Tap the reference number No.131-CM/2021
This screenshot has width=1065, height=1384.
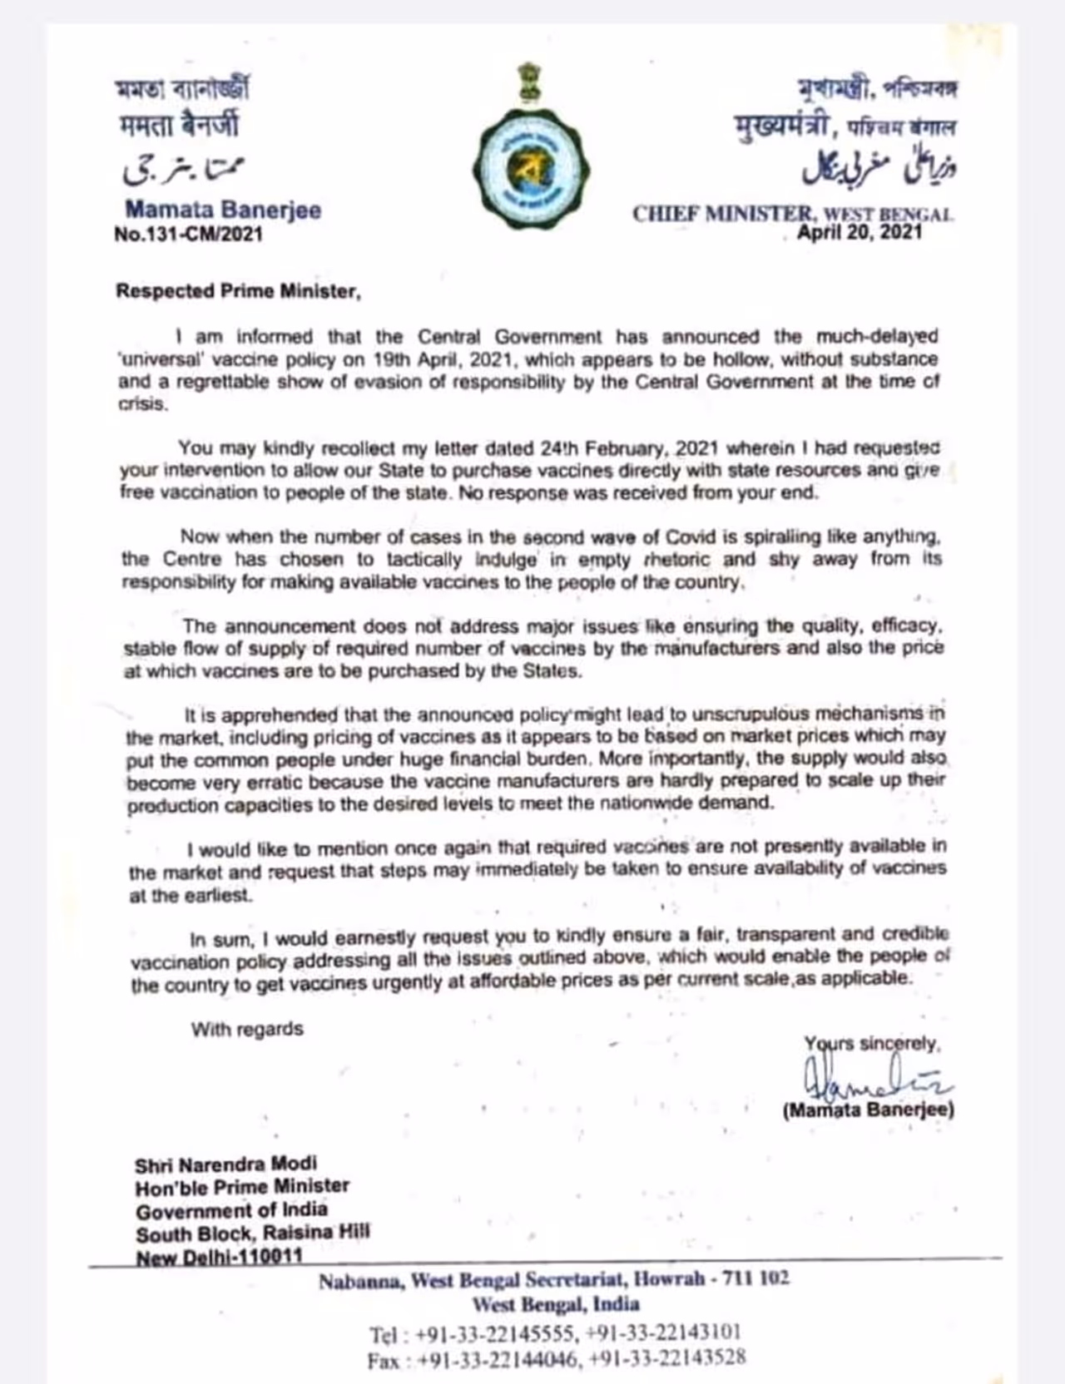point(188,235)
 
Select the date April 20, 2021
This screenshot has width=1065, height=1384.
point(859,232)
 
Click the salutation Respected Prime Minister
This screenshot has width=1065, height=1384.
point(238,291)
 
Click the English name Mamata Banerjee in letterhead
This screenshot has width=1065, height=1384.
point(223,210)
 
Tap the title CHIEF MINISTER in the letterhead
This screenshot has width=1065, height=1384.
point(721,214)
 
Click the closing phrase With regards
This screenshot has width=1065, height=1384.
point(247,1029)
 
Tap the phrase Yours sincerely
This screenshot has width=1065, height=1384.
point(871,1043)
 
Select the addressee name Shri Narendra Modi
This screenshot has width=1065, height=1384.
point(226,1164)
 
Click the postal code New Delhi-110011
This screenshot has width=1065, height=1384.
point(219,1256)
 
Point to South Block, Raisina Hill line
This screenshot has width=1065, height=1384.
point(253,1233)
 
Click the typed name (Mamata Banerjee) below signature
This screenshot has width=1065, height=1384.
point(868,1110)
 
